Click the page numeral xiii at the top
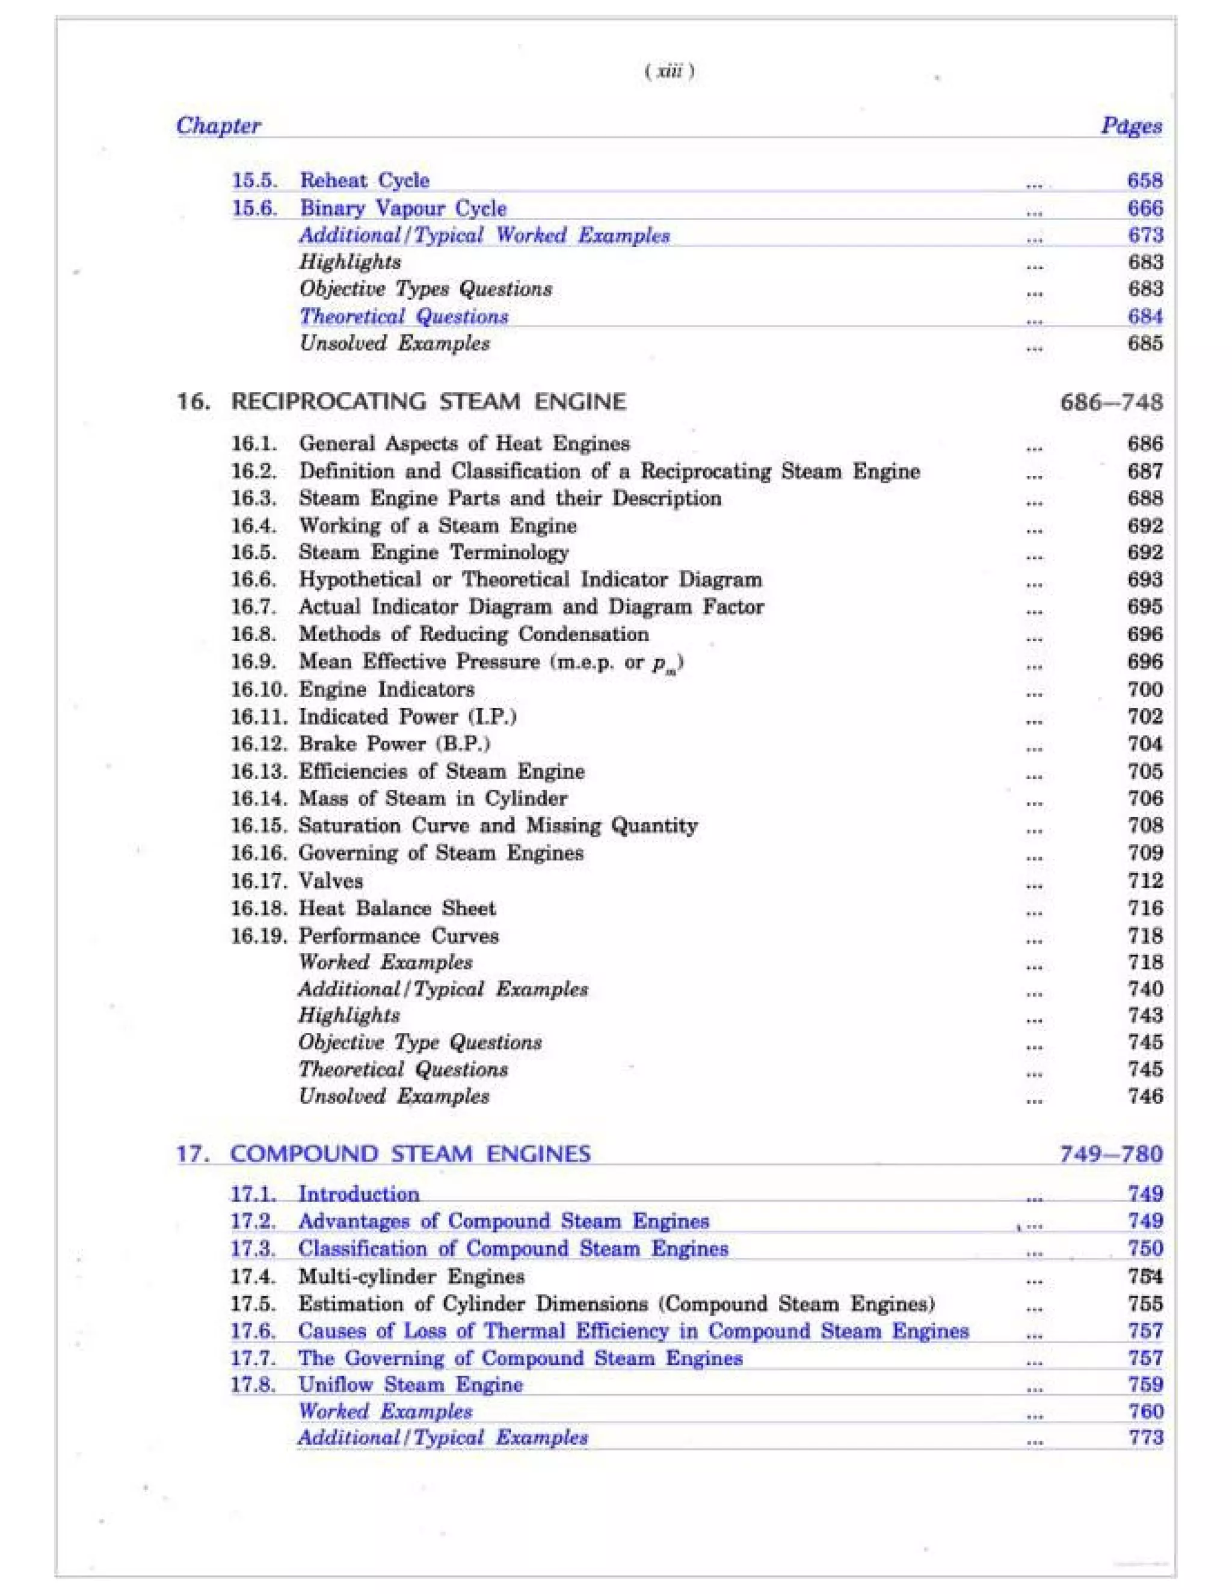pos(670,72)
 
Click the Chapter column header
pos(218,126)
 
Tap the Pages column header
pos(1132,126)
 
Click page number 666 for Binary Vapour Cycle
pos(1144,208)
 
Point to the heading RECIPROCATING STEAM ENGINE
pos(428,401)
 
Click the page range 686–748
pos(1111,402)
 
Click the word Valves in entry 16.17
pos(331,881)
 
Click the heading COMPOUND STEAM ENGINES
pos(410,1154)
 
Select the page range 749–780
pos(1111,1154)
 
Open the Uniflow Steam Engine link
pos(410,1385)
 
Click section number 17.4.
pos(253,1276)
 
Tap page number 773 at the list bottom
pos(1144,1437)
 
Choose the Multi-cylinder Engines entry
pos(411,1276)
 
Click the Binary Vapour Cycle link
pos(403,208)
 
